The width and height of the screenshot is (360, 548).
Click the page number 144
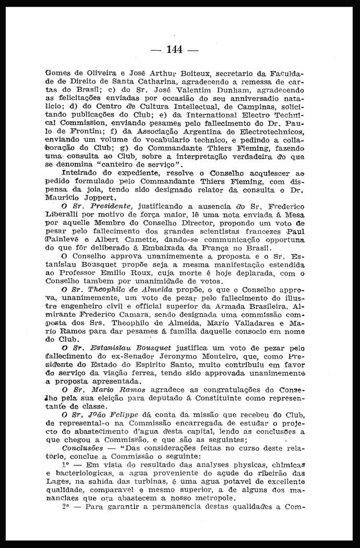(x=174, y=50)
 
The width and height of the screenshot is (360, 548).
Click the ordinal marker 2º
(x=66, y=506)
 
